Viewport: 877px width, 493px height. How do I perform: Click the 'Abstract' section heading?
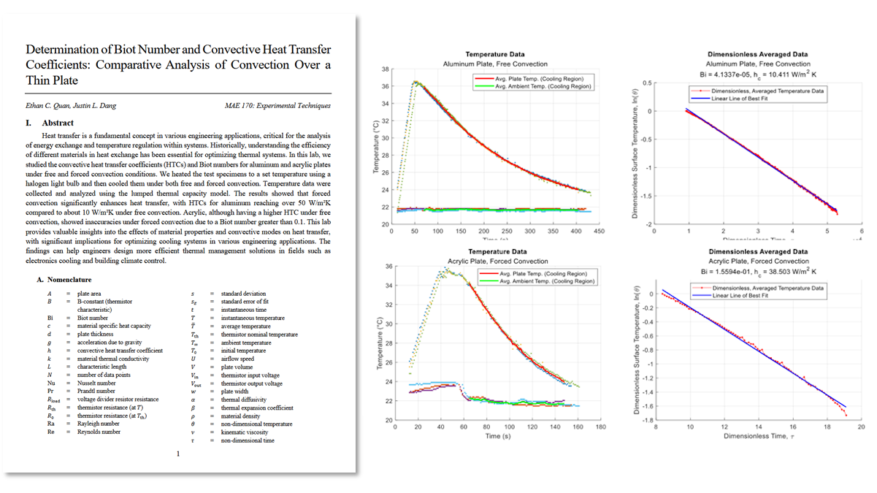[58, 123]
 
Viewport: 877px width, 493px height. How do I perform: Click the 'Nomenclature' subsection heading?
[69, 279]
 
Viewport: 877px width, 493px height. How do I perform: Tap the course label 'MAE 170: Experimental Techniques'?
[278, 106]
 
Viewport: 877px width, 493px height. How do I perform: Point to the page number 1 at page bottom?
[178, 454]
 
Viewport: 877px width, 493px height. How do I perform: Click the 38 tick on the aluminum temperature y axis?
[384, 69]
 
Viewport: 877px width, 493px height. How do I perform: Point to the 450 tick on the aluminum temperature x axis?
[599, 232]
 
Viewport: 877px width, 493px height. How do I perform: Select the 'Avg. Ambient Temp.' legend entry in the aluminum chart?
[543, 86]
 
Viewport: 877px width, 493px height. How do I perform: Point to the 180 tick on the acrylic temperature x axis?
[601, 427]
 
